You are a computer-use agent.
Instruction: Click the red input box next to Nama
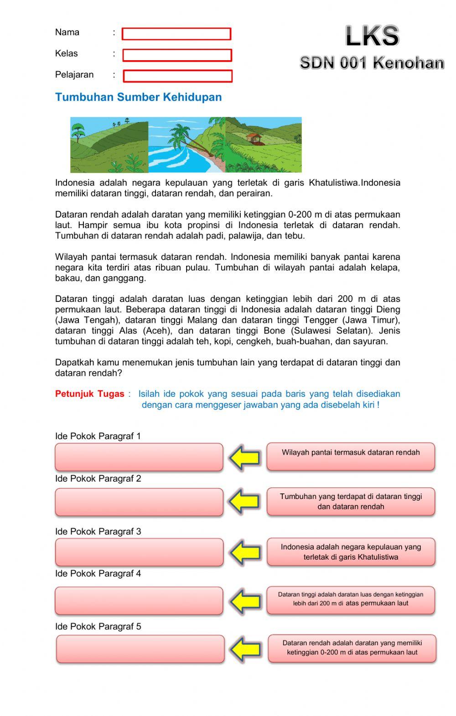tap(176, 34)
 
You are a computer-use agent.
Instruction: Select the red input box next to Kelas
tap(177, 55)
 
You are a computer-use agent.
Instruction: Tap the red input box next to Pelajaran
tap(177, 76)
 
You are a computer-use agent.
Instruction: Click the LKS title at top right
tap(372, 36)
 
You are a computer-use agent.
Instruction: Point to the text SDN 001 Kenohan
tap(372, 63)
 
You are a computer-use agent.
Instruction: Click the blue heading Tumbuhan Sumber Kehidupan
tap(138, 97)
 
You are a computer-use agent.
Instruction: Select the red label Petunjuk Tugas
tap(89, 394)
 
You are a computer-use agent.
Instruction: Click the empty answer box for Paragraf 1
tap(139, 457)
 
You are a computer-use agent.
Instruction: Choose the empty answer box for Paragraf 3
tap(139, 552)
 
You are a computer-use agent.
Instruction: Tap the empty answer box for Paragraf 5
tap(140, 649)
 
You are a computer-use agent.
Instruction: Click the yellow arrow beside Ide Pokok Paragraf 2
tap(244, 502)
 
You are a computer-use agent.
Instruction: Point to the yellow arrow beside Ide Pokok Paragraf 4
tap(244, 601)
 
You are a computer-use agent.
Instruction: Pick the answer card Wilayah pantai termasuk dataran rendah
tap(351, 457)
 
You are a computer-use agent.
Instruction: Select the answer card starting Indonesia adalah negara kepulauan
tap(351, 552)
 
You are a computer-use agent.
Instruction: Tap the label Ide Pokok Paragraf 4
tap(98, 574)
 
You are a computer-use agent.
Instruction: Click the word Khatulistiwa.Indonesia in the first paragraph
tap(354, 183)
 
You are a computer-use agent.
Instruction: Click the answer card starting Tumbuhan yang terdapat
tap(351, 502)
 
